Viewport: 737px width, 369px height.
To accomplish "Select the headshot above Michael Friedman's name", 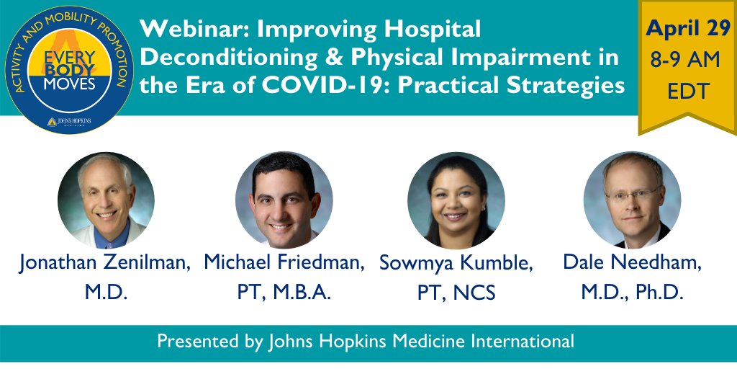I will click(x=284, y=200).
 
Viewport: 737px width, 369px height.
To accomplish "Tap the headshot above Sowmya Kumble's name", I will click(x=456, y=200).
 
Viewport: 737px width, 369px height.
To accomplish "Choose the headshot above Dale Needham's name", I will click(x=632, y=200).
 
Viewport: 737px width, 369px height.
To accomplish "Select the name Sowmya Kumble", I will click(x=456, y=264).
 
